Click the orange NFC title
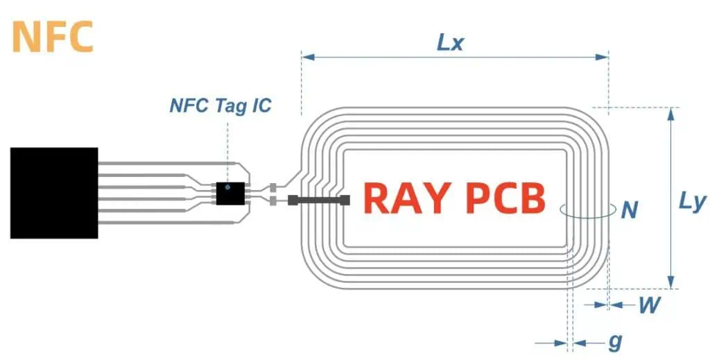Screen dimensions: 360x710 click(x=53, y=37)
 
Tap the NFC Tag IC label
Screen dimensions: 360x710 click(x=220, y=106)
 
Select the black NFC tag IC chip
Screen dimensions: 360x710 click(x=229, y=193)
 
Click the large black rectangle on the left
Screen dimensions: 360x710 click(x=54, y=193)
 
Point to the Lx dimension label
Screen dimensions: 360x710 click(x=450, y=42)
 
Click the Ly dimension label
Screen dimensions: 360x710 click(x=691, y=203)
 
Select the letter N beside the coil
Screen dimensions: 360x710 click(x=629, y=209)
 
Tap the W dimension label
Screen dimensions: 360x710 click(x=648, y=305)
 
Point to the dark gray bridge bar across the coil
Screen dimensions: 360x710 click(x=319, y=200)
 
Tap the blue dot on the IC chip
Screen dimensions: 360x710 click(x=227, y=187)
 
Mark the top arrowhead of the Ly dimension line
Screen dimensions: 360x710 click(x=670, y=112)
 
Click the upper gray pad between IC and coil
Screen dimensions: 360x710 click(x=273, y=187)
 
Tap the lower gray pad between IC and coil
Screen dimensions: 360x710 click(x=273, y=200)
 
